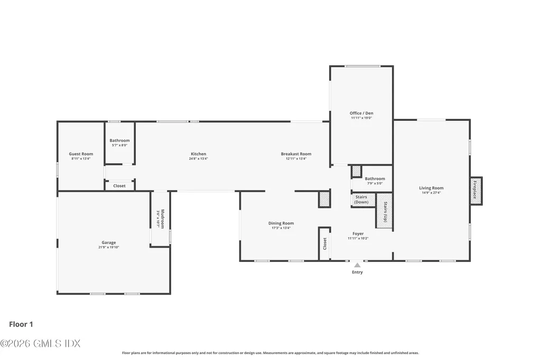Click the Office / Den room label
[361, 113]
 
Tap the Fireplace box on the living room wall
[476, 191]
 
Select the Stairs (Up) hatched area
[385, 211]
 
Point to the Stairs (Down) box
[363, 200]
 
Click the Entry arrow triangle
[358, 265]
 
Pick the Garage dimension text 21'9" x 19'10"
[109, 247]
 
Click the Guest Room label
[81, 154]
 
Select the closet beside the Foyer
[325, 243]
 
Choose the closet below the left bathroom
[119, 185]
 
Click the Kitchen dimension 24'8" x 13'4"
[199, 158]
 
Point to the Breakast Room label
[296, 154]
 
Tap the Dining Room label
[281, 223]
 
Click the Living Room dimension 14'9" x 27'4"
[431, 193]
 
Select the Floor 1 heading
[21, 324]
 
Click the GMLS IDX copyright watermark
[40, 344]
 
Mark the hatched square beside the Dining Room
[324, 199]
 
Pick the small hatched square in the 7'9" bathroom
[357, 172]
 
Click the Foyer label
[358, 233]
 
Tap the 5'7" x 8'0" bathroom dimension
[120, 145]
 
